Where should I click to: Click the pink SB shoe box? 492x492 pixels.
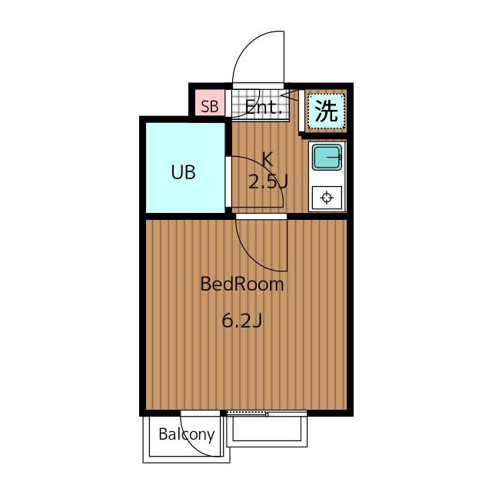tap(210, 102)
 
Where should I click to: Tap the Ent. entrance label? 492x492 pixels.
tap(264, 108)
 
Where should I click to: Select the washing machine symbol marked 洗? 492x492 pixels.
tap(326, 111)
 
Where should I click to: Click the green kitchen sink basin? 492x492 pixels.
tap(327, 157)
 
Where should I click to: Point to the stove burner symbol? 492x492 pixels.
tap(327, 198)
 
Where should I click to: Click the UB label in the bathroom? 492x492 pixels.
tap(184, 172)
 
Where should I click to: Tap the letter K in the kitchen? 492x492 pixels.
tap(268, 159)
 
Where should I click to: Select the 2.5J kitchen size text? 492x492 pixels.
tap(268, 181)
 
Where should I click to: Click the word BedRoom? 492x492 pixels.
tap(242, 284)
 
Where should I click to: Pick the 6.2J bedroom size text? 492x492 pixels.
tap(242, 321)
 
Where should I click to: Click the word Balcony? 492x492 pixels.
tap(187, 435)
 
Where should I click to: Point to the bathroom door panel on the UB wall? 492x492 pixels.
tap(228, 181)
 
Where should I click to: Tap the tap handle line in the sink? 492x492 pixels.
tap(334, 157)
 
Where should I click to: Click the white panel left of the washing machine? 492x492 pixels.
tap(301, 111)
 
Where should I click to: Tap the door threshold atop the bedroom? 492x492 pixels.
tap(261, 216)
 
